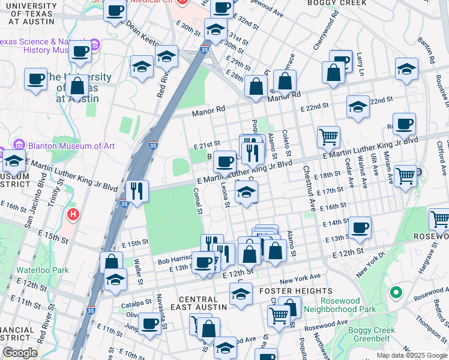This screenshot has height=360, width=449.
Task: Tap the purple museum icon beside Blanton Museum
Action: [x=19, y=146]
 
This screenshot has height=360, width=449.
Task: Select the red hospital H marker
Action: [x=73, y=213]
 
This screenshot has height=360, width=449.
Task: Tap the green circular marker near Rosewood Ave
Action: [x=396, y=293]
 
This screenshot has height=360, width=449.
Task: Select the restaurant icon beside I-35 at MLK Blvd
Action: [x=137, y=191]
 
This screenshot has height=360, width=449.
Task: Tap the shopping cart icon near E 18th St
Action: [x=406, y=176]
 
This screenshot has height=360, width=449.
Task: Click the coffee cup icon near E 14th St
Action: [x=360, y=227]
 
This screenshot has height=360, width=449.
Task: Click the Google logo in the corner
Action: [x=20, y=353]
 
